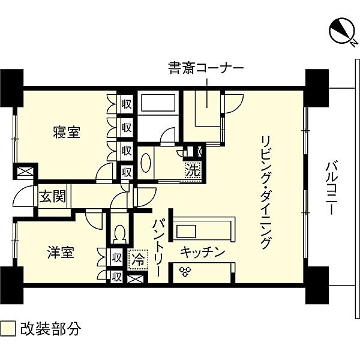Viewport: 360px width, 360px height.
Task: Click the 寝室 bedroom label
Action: point(67,132)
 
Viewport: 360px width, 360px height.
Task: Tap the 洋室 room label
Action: point(61,252)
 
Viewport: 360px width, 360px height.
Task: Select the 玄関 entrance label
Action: point(53,197)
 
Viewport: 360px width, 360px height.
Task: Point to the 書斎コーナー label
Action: point(205,68)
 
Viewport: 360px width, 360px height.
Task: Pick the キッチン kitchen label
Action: point(202,253)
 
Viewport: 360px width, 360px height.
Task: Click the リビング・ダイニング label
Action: point(266,193)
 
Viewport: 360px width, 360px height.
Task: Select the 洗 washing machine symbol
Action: point(193,170)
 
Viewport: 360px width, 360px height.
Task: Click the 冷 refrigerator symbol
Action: point(139,260)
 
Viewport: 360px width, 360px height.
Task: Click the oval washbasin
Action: point(146,163)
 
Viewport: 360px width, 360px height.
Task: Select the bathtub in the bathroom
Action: point(158,103)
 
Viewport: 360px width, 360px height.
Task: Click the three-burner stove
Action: point(185,271)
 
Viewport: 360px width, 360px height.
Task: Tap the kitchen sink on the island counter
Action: point(186,231)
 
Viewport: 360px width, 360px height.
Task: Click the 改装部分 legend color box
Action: point(8,329)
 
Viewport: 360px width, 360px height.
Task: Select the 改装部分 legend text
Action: point(51,329)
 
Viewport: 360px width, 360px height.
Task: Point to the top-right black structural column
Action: point(317,88)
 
